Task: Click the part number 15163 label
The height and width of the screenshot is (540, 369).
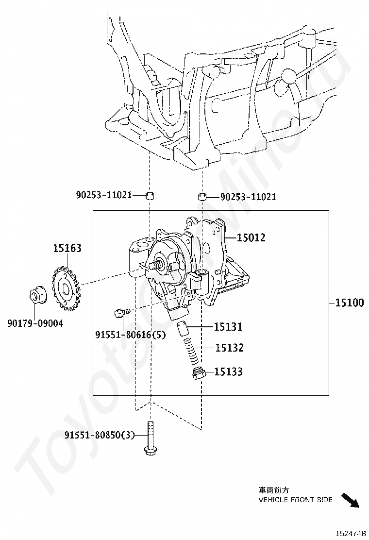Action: tap(67, 248)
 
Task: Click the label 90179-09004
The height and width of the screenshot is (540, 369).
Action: tap(35, 323)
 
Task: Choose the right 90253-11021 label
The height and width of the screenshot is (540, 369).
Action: tap(248, 197)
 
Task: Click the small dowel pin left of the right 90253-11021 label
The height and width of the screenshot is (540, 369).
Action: tap(202, 197)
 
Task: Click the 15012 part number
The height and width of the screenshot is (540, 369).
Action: tap(251, 237)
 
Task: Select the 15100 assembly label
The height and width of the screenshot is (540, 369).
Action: tap(349, 303)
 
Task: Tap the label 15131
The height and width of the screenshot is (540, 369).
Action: tap(228, 327)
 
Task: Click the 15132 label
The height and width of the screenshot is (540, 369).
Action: tap(229, 348)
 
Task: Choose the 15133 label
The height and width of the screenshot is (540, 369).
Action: tap(229, 372)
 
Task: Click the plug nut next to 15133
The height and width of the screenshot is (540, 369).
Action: tap(197, 374)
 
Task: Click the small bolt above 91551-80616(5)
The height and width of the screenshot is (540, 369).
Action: tap(121, 312)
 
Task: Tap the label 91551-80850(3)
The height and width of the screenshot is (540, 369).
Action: tap(99, 435)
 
